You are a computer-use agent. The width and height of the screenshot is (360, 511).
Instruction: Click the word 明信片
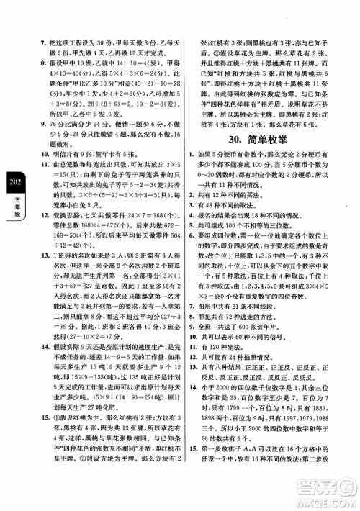47,153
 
